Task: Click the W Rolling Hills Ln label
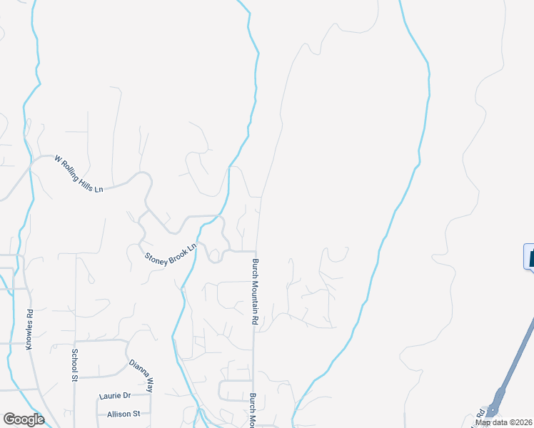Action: tap(79, 174)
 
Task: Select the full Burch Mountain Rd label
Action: tap(254, 291)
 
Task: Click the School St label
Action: tap(74, 365)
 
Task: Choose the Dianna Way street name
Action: tap(141, 376)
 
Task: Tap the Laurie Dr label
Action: tap(114, 396)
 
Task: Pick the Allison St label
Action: tap(124, 414)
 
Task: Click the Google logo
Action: tap(23, 419)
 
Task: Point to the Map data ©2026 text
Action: tap(504, 422)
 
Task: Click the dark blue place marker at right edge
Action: tap(530, 256)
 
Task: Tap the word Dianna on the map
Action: tap(138, 371)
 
